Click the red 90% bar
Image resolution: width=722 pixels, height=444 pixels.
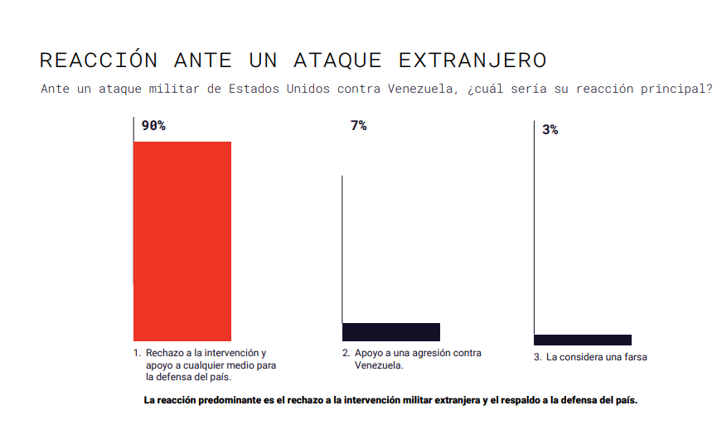coord(182,241)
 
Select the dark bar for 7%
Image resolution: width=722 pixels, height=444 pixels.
coord(391,332)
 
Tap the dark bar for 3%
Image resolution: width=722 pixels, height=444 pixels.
coord(583,340)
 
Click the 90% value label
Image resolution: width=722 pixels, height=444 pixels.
coord(153,126)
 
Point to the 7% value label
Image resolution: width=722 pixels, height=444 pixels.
coord(358,126)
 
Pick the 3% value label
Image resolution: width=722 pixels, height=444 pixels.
coord(550,130)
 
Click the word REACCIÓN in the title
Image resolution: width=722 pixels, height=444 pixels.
coord(99,60)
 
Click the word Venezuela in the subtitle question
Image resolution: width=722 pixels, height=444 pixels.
coord(416,89)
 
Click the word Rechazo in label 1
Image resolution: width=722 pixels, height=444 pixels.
coord(163,353)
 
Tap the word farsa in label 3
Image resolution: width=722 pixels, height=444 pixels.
coord(634,357)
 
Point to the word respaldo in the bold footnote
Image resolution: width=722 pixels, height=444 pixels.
coord(511,400)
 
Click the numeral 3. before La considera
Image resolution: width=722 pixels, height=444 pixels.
coord(538,357)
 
